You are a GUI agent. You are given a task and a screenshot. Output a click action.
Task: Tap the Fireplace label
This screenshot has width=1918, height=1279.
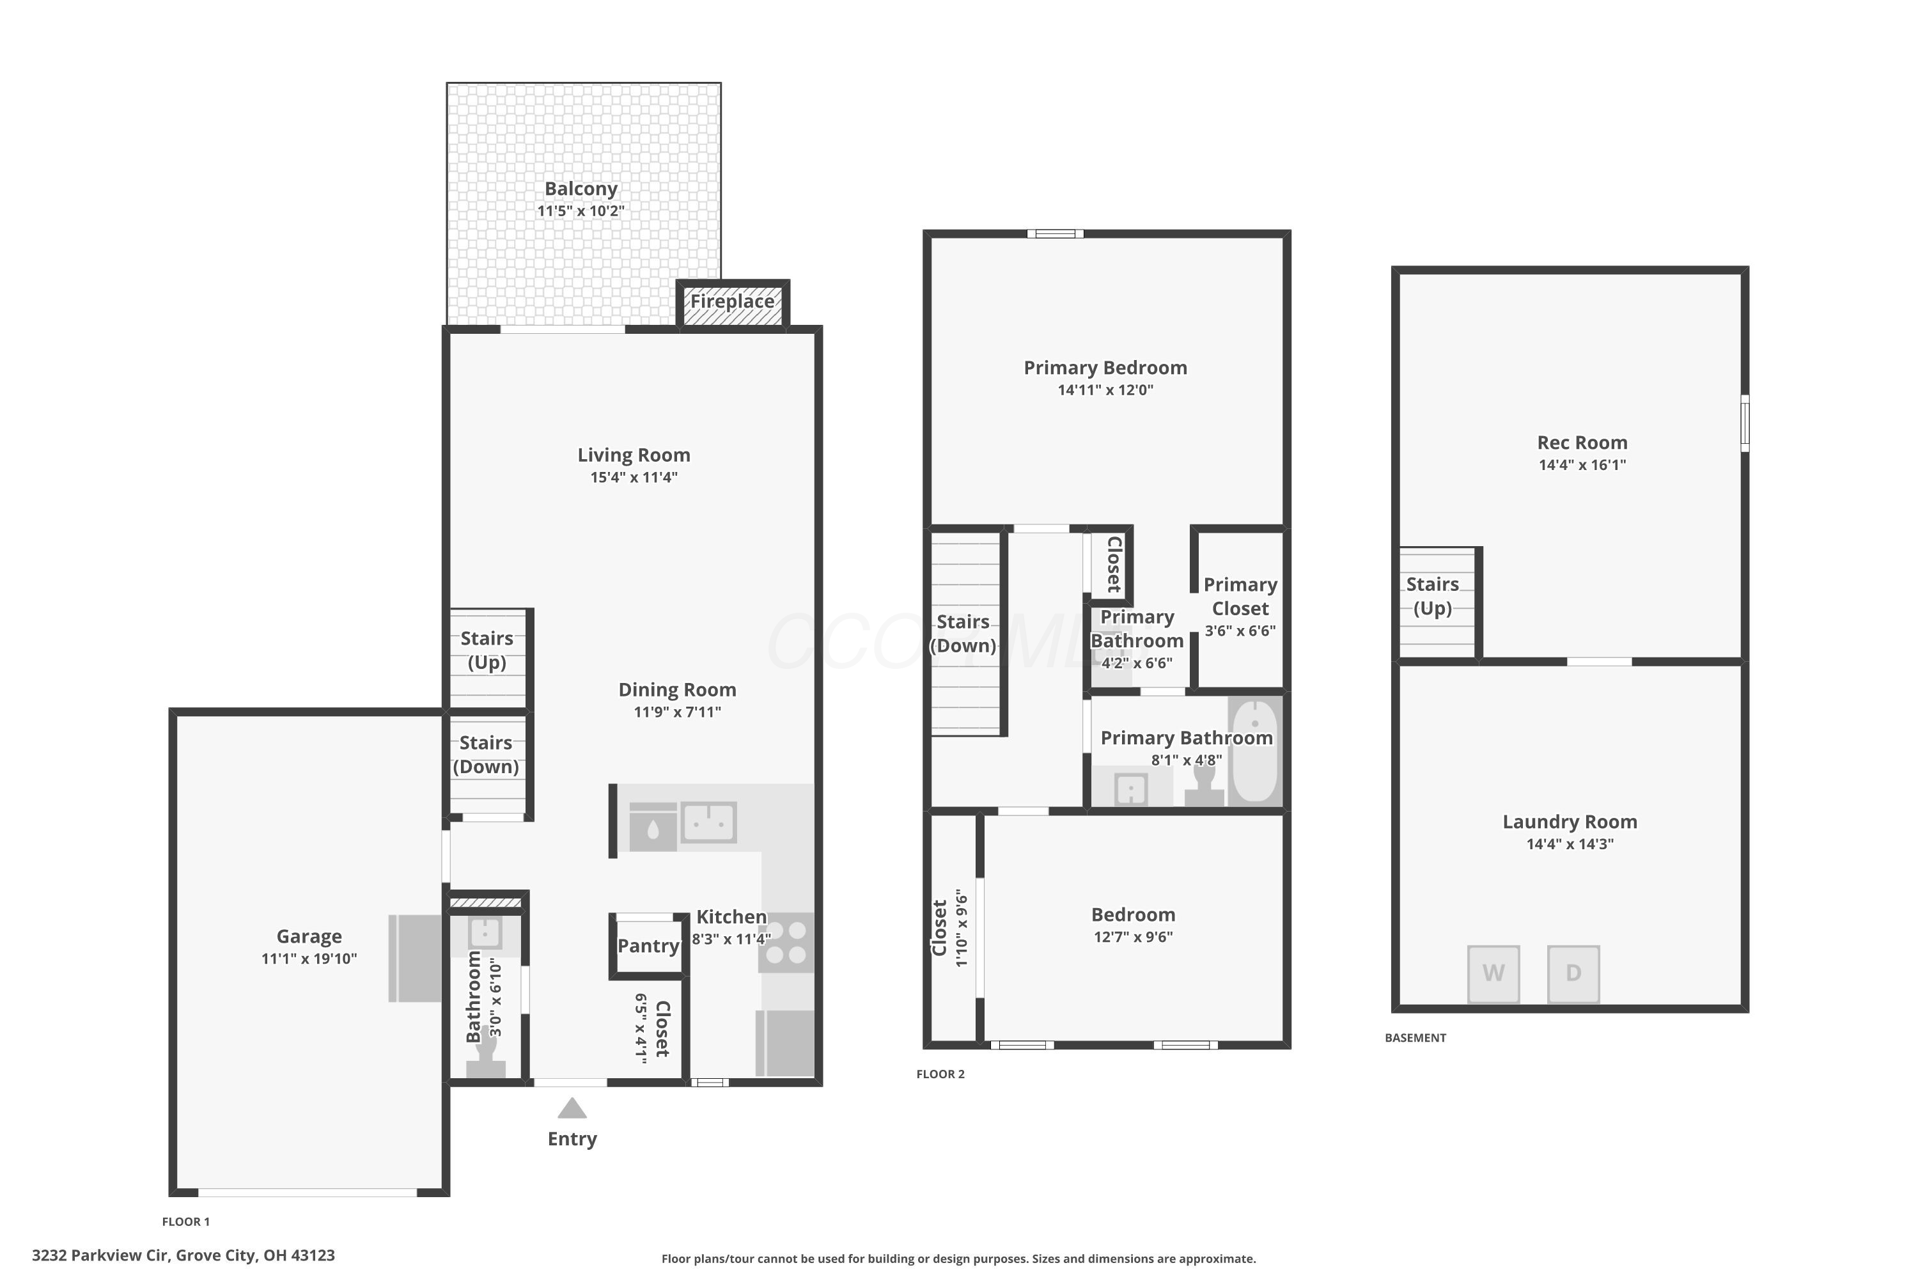[732, 301]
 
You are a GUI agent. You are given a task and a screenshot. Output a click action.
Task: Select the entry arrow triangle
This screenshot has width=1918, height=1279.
[572, 1108]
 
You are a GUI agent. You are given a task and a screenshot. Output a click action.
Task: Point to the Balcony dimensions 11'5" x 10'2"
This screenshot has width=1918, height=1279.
[581, 210]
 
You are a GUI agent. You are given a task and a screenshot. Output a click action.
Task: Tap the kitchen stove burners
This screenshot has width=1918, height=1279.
[786, 942]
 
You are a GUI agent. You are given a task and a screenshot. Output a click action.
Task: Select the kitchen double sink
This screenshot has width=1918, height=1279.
[708, 822]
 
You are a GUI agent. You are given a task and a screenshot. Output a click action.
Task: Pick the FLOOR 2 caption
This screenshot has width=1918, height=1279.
[940, 1074]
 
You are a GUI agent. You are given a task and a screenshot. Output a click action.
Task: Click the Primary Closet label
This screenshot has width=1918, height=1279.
[1240, 596]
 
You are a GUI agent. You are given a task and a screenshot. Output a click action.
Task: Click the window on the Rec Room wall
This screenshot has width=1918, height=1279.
[1745, 423]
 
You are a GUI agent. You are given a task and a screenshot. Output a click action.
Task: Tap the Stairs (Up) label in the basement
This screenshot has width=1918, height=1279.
[1433, 596]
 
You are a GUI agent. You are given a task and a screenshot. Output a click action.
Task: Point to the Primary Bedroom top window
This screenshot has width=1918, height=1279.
[1056, 234]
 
